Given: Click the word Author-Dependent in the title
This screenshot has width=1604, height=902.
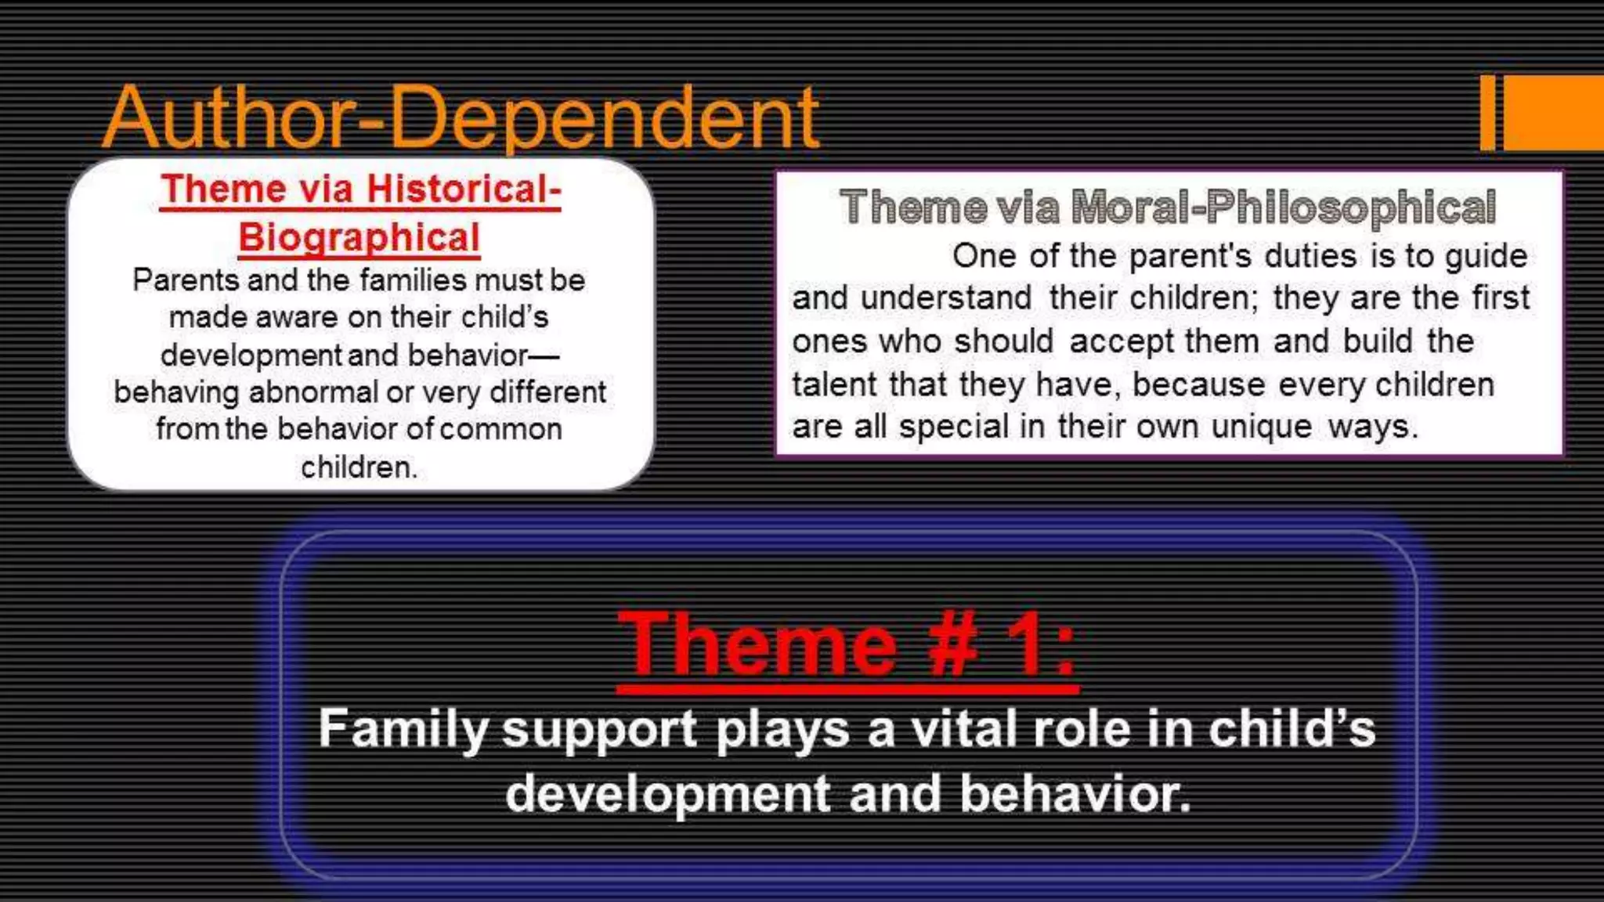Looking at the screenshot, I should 461,117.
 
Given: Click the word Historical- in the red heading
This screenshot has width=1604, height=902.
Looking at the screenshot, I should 464,189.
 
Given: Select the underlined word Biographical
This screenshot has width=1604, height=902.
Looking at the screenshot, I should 359,237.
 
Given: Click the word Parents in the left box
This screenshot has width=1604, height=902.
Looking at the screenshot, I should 185,280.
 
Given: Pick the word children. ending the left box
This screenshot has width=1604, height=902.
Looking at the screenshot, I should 359,467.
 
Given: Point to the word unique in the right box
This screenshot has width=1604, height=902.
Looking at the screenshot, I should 1261,427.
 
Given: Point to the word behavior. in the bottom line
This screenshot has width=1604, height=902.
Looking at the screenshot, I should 1075,793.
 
